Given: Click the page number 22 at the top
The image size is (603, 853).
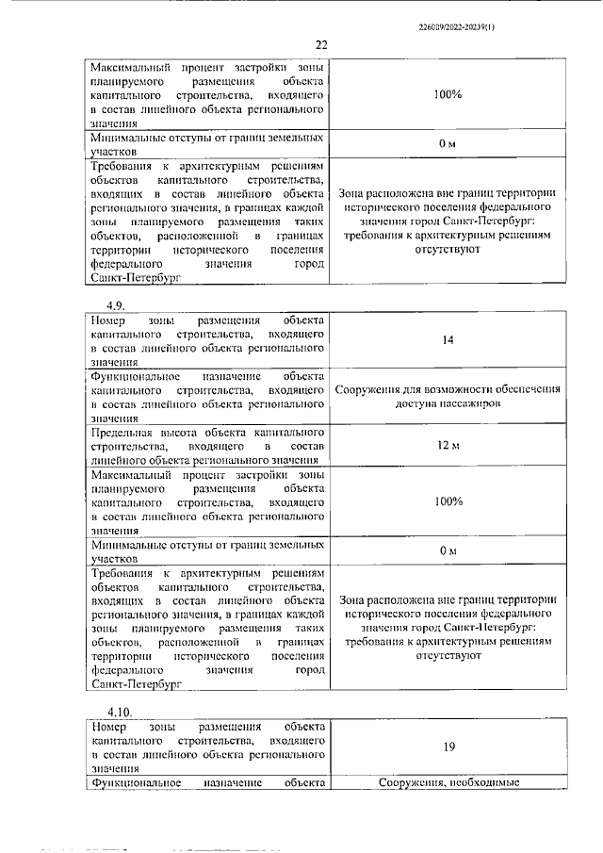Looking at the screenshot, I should click(321, 45).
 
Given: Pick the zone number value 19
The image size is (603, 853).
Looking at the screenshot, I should click(448, 747).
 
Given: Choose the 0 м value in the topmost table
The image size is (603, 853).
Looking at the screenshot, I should click(448, 142).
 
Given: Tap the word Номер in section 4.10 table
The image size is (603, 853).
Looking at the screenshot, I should click(109, 727).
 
